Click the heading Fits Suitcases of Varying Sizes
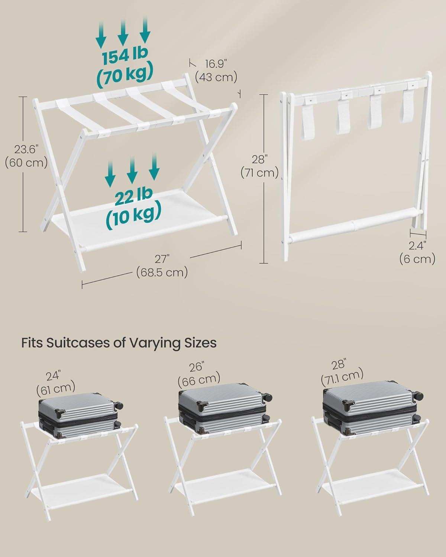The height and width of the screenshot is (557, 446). [x=119, y=342]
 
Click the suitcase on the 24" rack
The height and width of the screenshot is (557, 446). [x=80, y=414]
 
